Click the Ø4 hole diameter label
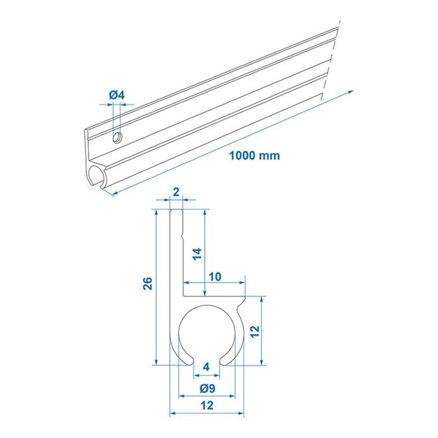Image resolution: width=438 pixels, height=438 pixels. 117,96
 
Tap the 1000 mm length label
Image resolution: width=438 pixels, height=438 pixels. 253,155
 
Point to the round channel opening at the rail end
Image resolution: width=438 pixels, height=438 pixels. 96,178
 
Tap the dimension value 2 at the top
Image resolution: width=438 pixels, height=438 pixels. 176,192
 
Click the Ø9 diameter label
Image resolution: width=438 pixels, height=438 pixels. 207,388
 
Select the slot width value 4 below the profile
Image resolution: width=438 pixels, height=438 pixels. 206,367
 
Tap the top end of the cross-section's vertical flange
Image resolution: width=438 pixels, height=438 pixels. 176,211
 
